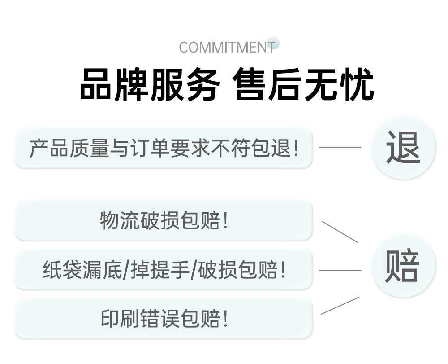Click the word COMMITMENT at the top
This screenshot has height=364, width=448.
tap(226, 48)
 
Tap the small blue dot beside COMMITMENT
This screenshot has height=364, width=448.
tap(273, 43)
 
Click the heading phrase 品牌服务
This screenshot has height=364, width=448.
tap(150, 84)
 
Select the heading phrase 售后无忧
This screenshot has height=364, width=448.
tap(304, 84)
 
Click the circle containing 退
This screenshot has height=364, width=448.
tap(403, 147)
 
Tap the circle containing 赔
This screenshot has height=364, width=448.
tap(403, 266)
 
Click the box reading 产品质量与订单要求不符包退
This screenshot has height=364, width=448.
tap(164, 148)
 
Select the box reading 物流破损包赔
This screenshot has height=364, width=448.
tap(164, 221)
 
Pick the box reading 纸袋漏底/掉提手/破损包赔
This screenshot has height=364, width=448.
tap(164, 270)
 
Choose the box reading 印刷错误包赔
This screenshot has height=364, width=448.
tap(164, 319)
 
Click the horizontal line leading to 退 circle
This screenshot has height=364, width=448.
tap(340, 147)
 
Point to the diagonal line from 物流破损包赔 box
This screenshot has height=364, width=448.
tap(340, 232)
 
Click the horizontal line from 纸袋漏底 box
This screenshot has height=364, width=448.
tap(340, 270)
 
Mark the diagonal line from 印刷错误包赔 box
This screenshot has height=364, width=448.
tap(340, 306)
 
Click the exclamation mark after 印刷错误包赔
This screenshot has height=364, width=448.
tap(225, 319)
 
